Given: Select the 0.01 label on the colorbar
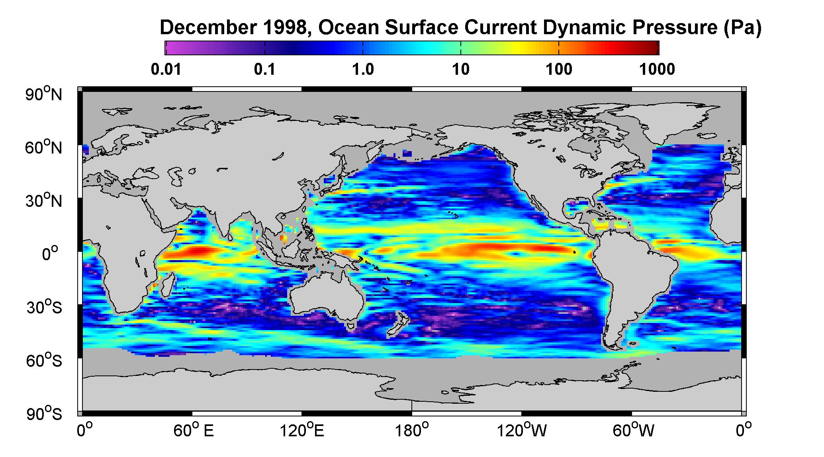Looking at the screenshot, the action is point(166,70).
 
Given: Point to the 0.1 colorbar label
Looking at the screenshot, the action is point(264,70).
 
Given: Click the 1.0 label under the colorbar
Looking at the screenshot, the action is point(363,70).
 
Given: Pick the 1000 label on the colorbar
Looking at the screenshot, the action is point(657,70).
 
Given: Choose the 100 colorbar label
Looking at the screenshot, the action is point(559,70).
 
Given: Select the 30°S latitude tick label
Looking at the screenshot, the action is point(44,307).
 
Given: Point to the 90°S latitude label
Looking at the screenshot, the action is point(44,414).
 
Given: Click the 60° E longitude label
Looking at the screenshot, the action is point(194,431).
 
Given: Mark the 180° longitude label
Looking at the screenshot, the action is point(412,431).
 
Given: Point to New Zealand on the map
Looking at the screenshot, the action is point(395,325).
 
